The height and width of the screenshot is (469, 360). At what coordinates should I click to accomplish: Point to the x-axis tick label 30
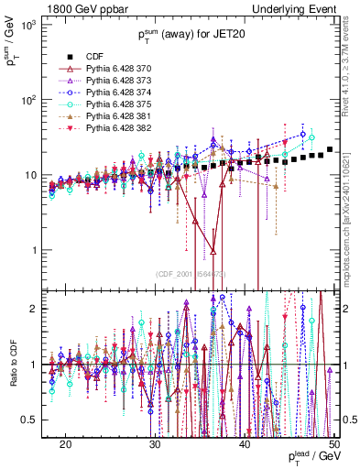(155, 443)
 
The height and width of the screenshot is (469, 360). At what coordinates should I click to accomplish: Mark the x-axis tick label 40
(245, 443)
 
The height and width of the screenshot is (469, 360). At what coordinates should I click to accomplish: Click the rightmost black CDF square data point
(330, 149)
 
